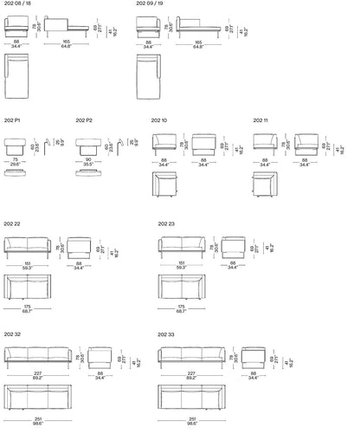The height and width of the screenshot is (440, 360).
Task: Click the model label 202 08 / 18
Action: click(17, 4)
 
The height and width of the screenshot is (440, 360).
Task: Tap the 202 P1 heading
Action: click(13, 120)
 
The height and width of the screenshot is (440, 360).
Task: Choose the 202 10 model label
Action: click(159, 120)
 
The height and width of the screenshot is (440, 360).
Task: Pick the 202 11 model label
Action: click(261, 120)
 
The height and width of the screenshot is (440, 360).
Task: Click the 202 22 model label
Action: click(12, 224)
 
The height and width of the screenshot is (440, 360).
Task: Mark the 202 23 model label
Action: click(166, 224)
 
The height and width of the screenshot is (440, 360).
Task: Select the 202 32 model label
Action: click(12, 333)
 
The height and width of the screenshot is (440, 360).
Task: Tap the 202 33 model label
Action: click(166, 333)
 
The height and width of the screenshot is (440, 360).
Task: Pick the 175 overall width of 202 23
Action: click(181, 306)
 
